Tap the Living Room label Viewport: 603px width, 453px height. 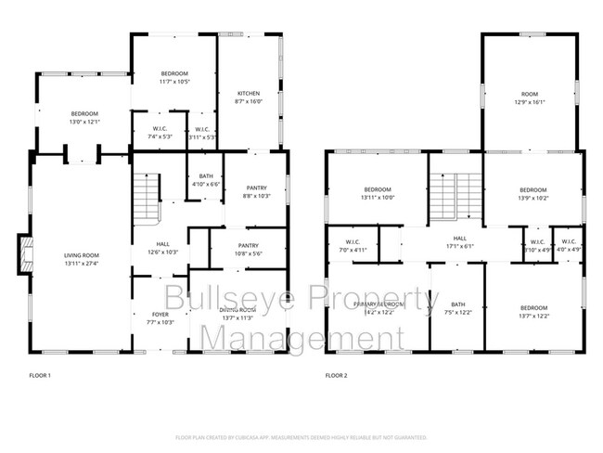81,259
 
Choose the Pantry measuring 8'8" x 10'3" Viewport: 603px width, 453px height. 256,191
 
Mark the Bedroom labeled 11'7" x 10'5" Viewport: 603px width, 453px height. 175,77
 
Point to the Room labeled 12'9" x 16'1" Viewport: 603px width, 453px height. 529,97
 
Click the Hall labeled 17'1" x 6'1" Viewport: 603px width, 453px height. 459,242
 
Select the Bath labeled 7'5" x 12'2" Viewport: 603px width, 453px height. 458,308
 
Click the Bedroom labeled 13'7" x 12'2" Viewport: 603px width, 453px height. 533,311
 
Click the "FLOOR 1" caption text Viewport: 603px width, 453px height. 40,376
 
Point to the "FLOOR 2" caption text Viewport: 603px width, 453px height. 336,376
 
